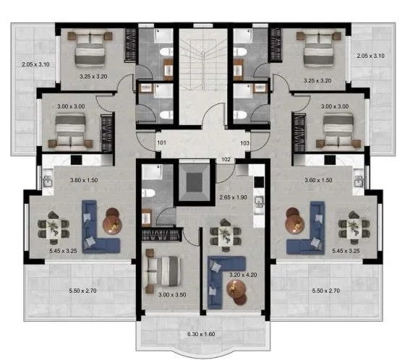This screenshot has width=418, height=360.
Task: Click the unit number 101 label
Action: [161, 142]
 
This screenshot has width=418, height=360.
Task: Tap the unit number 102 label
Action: [226, 159]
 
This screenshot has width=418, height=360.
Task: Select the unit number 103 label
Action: [244, 143]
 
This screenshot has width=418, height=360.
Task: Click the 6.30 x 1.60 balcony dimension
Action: [201, 334]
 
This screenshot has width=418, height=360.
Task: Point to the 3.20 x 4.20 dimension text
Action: [243, 275]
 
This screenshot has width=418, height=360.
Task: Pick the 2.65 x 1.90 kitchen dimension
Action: [234, 197]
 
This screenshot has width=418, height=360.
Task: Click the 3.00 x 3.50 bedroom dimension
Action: [172, 295]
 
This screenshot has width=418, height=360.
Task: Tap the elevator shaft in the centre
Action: [195, 183]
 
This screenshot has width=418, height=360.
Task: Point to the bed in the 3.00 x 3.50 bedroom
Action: [163, 271]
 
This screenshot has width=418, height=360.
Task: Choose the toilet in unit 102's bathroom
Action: [148, 193]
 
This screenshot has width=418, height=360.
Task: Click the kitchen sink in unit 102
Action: [259, 202]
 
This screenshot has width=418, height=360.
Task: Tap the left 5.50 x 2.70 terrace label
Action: [82, 291]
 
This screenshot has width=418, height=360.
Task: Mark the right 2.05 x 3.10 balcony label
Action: [370, 56]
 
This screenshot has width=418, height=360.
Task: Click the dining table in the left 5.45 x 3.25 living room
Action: [54, 228]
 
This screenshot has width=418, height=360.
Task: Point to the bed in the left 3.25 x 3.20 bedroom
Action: [90, 50]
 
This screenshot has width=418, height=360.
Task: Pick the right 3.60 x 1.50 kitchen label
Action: [318, 180]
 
